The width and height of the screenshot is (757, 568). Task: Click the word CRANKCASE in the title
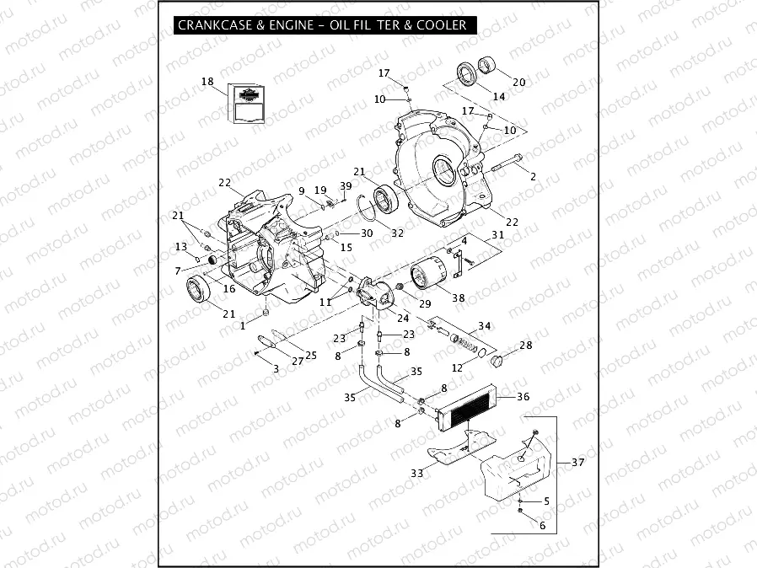[x=212, y=25]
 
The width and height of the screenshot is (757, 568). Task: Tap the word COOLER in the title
[x=440, y=25]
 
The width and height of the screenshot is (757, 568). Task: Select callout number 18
[x=207, y=82]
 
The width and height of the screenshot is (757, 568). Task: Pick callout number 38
[x=459, y=297]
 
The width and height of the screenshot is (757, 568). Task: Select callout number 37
[x=577, y=463]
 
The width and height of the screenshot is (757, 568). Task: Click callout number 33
[x=416, y=474]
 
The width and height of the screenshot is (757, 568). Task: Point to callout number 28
[x=526, y=346]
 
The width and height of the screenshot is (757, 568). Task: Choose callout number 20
[x=518, y=82]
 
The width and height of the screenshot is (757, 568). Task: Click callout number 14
[x=499, y=97]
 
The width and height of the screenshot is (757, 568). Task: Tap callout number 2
[x=533, y=175]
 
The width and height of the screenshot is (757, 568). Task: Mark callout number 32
[x=398, y=233]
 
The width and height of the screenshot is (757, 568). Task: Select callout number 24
[x=403, y=318]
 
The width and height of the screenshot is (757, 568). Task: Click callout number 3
[x=276, y=369]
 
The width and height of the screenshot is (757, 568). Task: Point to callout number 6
[x=542, y=525]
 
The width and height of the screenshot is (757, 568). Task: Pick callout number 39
[x=346, y=185]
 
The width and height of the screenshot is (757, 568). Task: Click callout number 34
[x=484, y=325]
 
